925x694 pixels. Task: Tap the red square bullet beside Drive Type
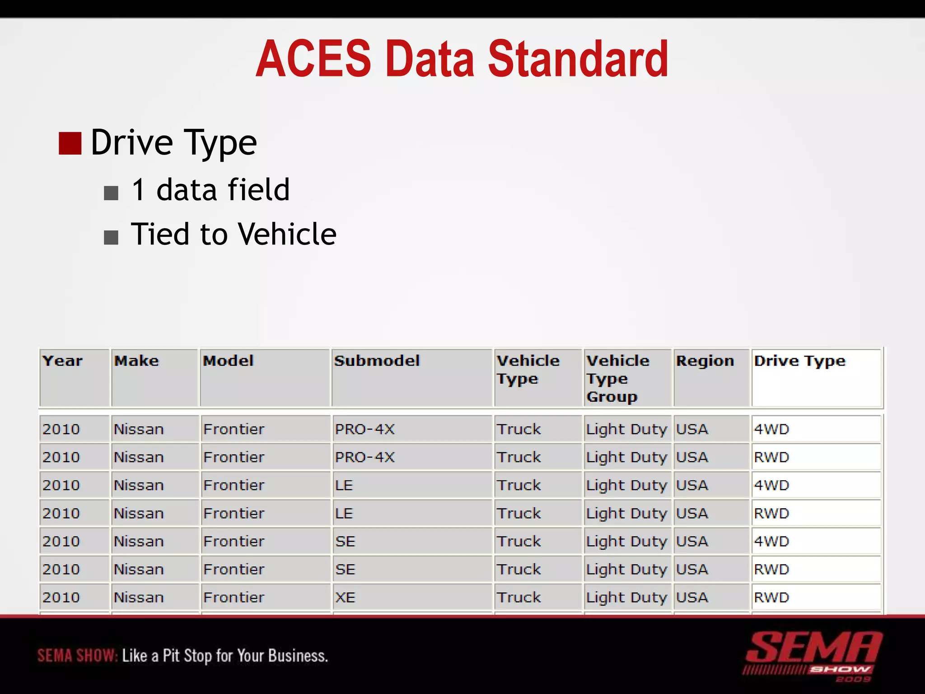[70, 144]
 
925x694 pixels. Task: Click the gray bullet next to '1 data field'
[111, 193]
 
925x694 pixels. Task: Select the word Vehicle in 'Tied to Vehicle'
[287, 234]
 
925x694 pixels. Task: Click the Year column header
[62, 361]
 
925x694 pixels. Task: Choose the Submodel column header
[377, 361]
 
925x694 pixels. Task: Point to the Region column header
[705, 361]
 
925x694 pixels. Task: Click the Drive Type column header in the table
[799, 361]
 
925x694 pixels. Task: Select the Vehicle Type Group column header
[617, 379]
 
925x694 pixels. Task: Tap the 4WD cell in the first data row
[771, 429]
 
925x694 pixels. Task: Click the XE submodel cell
[345, 597]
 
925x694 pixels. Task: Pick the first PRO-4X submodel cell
[364, 429]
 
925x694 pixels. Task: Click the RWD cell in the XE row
[771, 597]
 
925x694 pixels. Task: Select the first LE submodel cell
[344, 485]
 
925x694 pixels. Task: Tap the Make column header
[136, 361]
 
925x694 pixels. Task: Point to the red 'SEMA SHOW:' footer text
[77, 656]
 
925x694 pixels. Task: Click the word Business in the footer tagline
[298, 656]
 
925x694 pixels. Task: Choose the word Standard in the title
[578, 59]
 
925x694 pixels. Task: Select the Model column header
[228, 361]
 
